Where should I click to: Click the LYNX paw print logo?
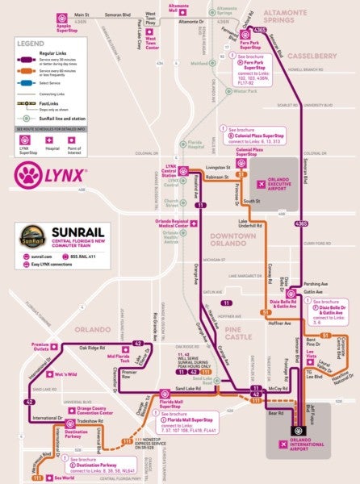27,175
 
